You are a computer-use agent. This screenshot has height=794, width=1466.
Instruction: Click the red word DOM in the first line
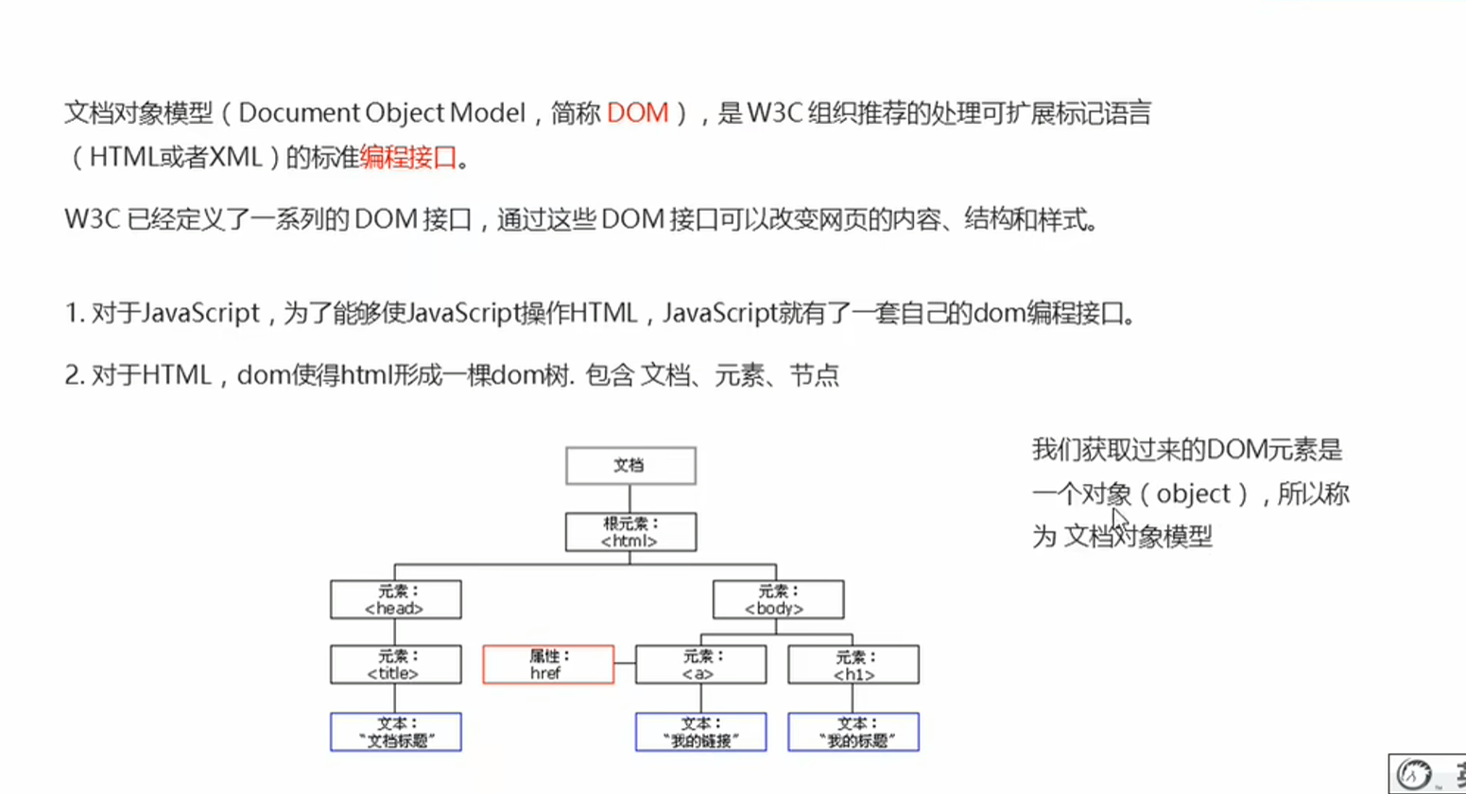pyautogui.click(x=637, y=113)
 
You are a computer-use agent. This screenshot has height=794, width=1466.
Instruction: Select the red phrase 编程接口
pyautogui.click(x=408, y=157)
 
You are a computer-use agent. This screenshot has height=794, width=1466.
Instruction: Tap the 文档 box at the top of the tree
pyautogui.click(x=630, y=466)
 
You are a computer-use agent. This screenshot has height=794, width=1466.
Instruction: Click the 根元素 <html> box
pyautogui.click(x=630, y=532)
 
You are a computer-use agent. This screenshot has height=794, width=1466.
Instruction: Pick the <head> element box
pyautogui.click(x=395, y=600)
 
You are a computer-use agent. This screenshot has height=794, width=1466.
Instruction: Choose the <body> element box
pyautogui.click(x=777, y=600)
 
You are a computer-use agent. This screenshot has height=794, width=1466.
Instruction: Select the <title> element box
pyautogui.click(x=395, y=665)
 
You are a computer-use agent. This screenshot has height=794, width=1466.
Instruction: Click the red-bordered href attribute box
pyautogui.click(x=548, y=665)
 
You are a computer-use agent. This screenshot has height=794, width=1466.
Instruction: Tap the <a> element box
pyautogui.click(x=700, y=665)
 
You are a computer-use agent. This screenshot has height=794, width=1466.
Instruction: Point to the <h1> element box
pyautogui.click(x=853, y=665)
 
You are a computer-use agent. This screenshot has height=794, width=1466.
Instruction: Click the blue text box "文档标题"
pyautogui.click(x=395, y=733)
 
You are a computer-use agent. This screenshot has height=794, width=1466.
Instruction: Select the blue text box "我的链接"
pyautogui.click(x=700, y=733)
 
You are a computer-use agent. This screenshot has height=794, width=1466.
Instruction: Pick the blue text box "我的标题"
pyautogui.click(x=853, y=733)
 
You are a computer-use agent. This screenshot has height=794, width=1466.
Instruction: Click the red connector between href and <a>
pyautogui.click(x=625, y=665)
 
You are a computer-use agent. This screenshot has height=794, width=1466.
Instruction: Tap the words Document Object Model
pyautogui.click(x=381, y=113)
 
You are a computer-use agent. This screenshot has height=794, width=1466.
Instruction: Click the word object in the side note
pyautogui.click(x=1193, y=493)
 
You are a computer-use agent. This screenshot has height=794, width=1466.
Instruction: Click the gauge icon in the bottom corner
pyautogui.click(x=1414, y=774)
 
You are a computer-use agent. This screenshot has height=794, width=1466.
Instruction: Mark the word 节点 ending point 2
pyautogui.click(x=814, y=375)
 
